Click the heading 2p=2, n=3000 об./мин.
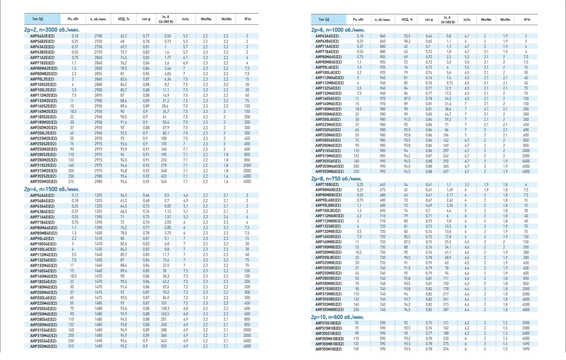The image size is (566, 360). pyautogui.click(x=52, y=30)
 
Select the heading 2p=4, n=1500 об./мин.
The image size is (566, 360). pyautogui.click(x=52, y=189)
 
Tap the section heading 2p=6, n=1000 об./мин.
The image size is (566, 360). pyautogui.click(x=337, y=30)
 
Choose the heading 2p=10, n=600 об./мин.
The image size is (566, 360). pyautogui.click(x=337, y=317)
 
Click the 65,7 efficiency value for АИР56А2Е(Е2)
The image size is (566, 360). pyautogui.click(x=123, y=36)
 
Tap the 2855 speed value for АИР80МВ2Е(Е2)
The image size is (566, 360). pyautogui.click(x=98, y=74)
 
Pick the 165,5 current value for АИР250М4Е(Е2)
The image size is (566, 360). pyautogui.click(x=166, y=314)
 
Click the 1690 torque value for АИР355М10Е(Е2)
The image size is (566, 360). pyautogui.click(x=526, y=349)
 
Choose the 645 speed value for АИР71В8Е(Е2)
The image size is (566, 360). pyautogui.click(x=383, y=184)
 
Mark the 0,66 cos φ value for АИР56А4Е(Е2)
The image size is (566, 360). pyautogui.click(x=146, y=195)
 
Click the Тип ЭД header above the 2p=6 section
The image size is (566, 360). pyautogui.click(x=323, y=19)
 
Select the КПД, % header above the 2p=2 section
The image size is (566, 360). pyautogui.click(x=123, y=19)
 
